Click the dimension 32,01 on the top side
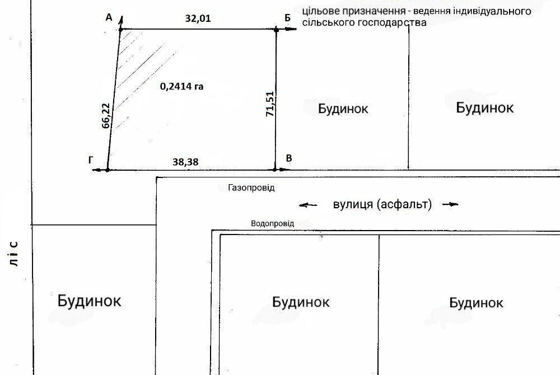tap(199, 18)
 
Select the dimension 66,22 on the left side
tap(106, 116)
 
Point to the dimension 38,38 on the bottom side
tap(186, 162)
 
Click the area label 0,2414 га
tap(181, 87)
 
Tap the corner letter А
tap(109, 18)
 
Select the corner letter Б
tap(287, 18)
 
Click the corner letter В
tap(288, 159)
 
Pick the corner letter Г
tap(91, 160)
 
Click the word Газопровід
tap(251, 188)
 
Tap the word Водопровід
tap(273, 223)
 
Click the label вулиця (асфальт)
tap(382, 205)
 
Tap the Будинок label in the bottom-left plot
tap(89, 301)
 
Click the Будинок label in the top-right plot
tap(484, 107)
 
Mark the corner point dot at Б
tap(276, 29)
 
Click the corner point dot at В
tap(275, 169)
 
